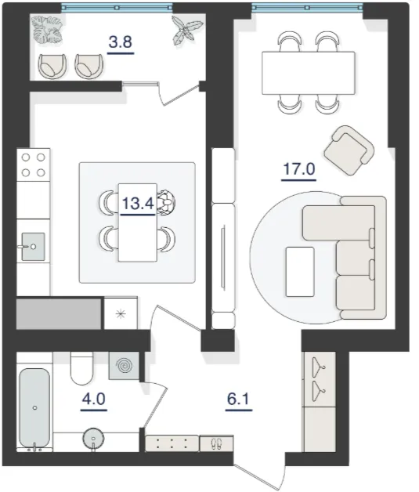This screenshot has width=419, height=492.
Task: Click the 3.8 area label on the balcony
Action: (x=121, y=42)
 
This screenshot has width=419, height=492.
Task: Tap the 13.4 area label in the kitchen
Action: (x=138, y=204)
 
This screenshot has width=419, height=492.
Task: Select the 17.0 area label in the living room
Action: (x=299, y=169)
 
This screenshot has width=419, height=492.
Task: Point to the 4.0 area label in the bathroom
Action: (x=94, y=399)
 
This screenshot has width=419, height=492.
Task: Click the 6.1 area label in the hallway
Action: (x=238, y=399)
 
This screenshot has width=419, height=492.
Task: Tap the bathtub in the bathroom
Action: (x=34, y=408)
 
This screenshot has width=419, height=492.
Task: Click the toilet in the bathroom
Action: (x=81, y=368)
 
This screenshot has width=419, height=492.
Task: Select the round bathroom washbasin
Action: (x=93, y=439)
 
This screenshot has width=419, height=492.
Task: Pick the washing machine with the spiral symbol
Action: (x=124, y=366)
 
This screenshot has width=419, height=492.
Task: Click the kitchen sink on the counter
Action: (x=33, y=247)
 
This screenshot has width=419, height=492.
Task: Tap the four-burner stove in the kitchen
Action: (x=33, y=165)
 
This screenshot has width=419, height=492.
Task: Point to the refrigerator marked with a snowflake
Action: (x=121, y=313)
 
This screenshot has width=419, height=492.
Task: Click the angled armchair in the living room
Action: (x=349, y=150)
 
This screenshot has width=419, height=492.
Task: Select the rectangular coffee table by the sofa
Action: (x=300, y=272)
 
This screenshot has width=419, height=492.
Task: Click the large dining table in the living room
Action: (x=309, y=73)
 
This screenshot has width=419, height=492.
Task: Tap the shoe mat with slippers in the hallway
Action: (x=216, y=443)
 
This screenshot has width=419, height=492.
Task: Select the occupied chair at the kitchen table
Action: (x=166, y=202)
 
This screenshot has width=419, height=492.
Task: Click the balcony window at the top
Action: (x=117, y=7)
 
